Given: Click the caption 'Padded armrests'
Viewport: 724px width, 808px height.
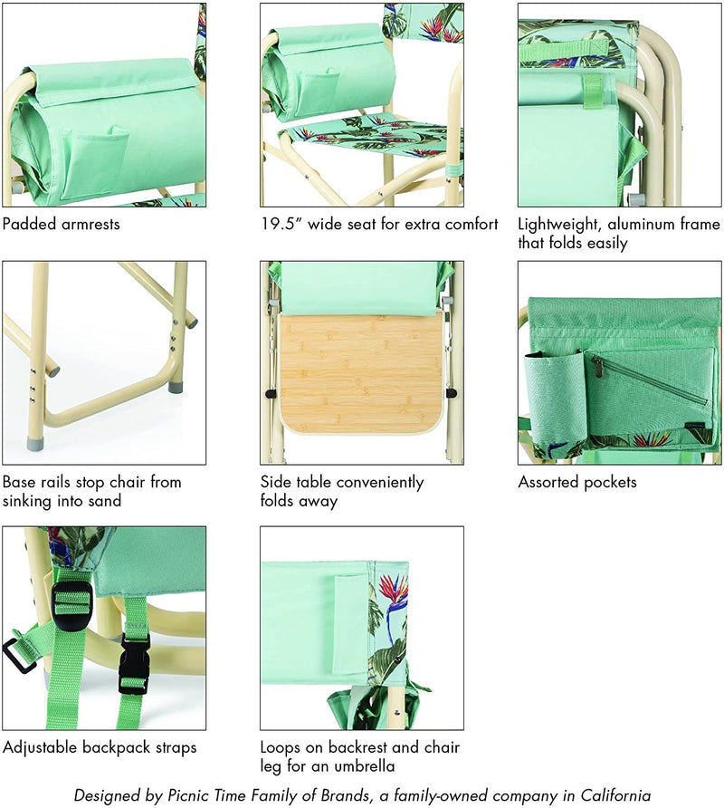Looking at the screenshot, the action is pos(62,224).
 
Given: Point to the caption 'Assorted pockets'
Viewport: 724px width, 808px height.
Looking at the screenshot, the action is pos(577,482).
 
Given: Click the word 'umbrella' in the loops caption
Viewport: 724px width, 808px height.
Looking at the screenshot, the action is pos(365,765).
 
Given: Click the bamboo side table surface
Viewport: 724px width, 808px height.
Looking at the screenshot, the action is pos(361,373).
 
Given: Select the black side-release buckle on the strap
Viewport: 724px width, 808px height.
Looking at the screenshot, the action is pos(135,664).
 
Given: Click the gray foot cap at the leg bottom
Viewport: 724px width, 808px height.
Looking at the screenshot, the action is pos(37,444).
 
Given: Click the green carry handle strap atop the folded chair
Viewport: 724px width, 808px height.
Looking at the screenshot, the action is pos(564,52).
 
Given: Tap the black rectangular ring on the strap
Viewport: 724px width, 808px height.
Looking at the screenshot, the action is pos(20,656).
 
